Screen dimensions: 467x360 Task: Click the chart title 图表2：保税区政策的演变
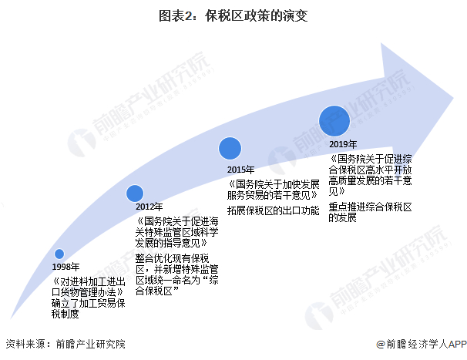(234, 15)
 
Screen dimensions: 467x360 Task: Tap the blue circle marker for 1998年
(59, 254)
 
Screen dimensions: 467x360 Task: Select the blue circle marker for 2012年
(134, 193)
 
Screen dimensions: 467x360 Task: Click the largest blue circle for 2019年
(334, 120)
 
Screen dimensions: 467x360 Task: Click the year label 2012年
(148, 207)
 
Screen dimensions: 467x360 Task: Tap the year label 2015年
(241, 169)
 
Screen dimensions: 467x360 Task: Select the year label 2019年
(343, 144)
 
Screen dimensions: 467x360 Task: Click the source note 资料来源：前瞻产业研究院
(65, 345)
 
